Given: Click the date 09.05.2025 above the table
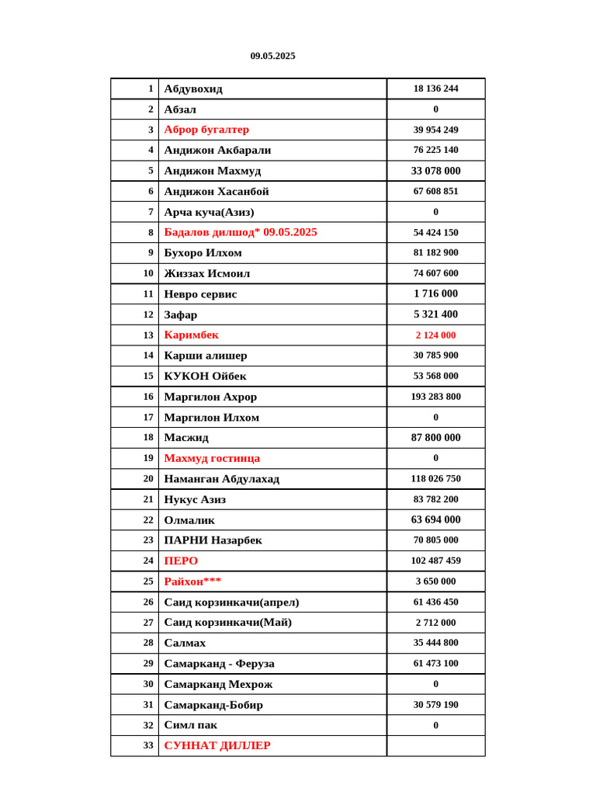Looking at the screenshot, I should click(272, 56).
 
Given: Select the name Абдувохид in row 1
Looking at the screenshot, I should click(193, 89).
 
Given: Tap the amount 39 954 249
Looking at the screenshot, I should click(435, 130).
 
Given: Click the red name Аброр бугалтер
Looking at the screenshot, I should click(206, 130).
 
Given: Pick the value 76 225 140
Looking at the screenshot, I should click(435, 150).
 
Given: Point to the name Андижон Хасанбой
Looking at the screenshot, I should click(217, 191).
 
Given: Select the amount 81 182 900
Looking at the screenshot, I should click(435, 252).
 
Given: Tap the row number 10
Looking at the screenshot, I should click(148, 273).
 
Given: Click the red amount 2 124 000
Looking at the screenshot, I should click(435, 335).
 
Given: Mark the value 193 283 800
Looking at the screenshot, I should click(435, 397).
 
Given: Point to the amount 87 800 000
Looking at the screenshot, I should click(435, 438).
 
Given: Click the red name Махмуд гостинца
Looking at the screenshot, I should click(212, 458).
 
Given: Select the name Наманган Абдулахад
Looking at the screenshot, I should click(221, 479).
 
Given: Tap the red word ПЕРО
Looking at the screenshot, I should click(181, 561).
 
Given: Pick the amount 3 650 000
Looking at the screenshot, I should click(435, 581).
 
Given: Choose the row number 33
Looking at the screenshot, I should click(148, 745).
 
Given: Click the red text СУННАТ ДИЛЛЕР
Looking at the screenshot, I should click(217, 745).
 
